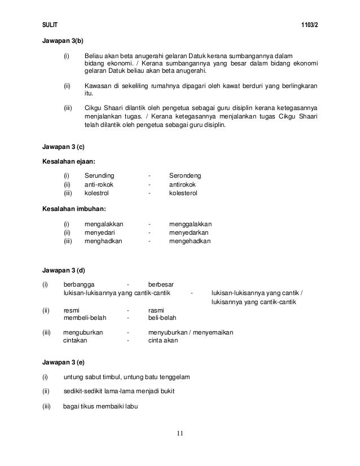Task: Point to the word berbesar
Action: pyautogui.click(x=161, y=284)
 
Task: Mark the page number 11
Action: pyautogui.click(x=179, y=433)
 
